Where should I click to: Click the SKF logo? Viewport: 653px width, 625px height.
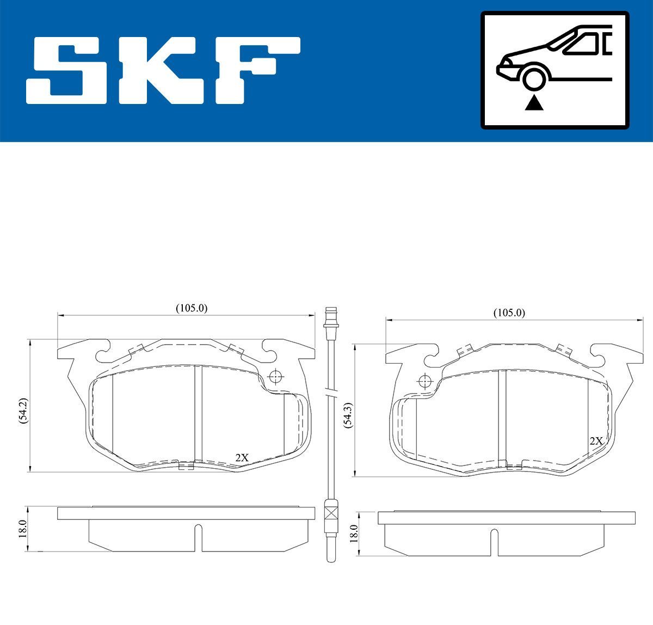coord(163,70)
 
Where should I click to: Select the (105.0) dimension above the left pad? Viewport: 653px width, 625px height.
coord(192,308)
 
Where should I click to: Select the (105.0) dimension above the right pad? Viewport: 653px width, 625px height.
coord(509,312)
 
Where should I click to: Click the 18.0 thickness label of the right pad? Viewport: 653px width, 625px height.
coord(354,534)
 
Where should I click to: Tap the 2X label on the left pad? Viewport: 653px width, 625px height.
coord(242,458)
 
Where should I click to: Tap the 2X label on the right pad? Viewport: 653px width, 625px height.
coord(596,441)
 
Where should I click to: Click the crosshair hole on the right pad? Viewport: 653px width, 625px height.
coord(424,382)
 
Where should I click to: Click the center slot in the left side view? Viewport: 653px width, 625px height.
coord(198,536)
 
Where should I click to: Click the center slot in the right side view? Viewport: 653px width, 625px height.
coord(494,542)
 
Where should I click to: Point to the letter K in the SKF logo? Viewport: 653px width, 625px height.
coord(164,70)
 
